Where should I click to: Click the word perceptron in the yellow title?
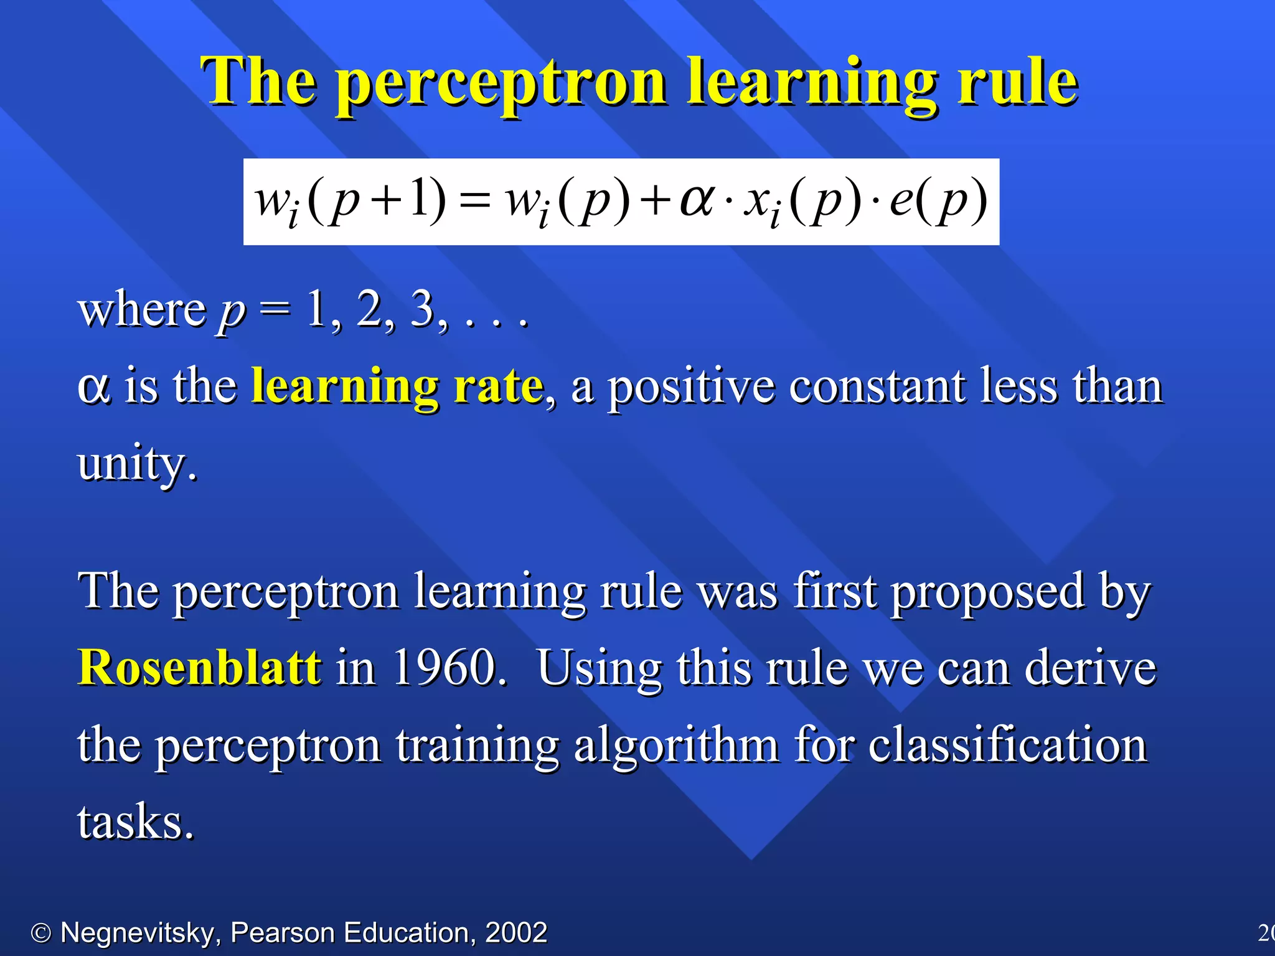502,84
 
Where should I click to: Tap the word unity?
136,464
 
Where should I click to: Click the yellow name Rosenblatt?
200,668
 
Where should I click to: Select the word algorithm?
675,746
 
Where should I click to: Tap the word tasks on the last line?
135,822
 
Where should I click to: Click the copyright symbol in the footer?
41,933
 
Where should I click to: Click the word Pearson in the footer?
283,932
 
